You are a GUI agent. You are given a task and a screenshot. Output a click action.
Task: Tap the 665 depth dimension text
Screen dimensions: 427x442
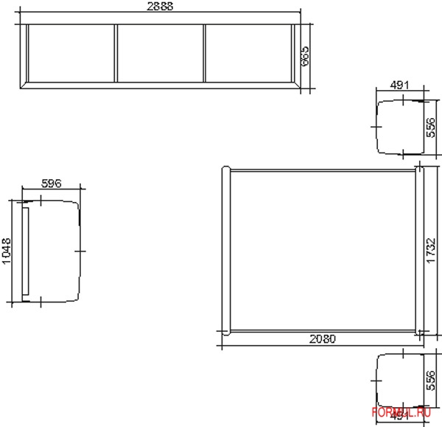(304, 55)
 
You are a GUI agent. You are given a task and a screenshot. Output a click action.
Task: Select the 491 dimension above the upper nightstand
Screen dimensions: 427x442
(399, 86)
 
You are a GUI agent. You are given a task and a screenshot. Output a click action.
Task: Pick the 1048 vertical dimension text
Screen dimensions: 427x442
(7, 250)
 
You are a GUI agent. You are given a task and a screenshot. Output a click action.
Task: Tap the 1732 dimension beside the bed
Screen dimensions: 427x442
(432, 251)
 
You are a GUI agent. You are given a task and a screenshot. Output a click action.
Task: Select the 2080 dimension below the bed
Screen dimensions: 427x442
(321, 340)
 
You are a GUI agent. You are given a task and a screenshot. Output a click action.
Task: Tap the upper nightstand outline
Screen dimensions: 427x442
(398, 127)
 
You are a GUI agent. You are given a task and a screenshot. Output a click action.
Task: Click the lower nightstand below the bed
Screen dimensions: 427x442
(398, 380)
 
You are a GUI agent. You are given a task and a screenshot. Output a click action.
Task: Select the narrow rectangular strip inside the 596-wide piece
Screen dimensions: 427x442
(24, 251)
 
